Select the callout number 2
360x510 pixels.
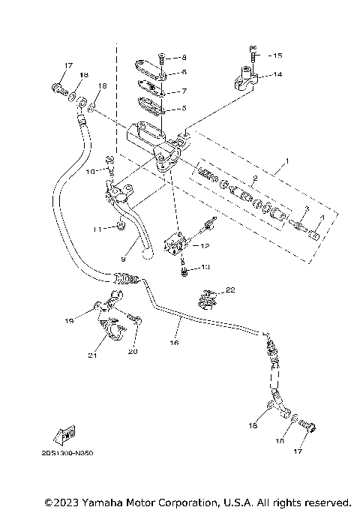[255, 178]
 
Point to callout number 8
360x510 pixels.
[184, 57]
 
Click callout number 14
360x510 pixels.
[277, 75]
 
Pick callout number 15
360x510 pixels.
[277, 55]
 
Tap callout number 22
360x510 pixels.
[230, 289]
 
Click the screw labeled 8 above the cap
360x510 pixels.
[163, 57]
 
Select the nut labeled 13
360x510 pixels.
[184, 269]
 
